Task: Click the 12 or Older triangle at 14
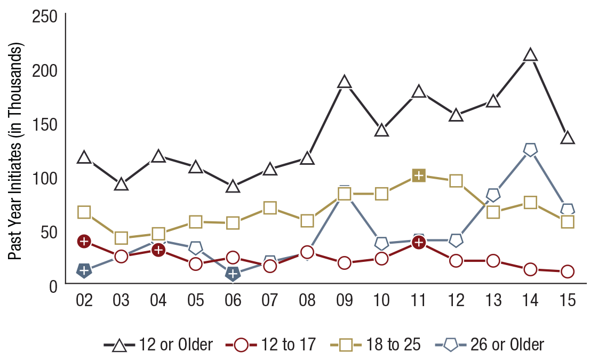pos(530,55)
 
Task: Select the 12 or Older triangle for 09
pos(345,82)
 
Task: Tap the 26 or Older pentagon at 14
pos(530,150)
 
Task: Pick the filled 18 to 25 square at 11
pos(419,175)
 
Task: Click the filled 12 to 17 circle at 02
pos(84,241)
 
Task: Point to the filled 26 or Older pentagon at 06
pos(233,274)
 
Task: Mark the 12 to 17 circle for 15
pos(567,271)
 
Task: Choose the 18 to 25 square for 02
pos(84,212)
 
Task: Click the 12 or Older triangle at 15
pos(567,138)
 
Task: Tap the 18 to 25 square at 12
pos(456,181)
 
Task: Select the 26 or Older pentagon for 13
pos(493,195)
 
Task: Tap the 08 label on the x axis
pos(307,301)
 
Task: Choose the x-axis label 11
pos(419,301)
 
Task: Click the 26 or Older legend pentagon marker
pos(451,345)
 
